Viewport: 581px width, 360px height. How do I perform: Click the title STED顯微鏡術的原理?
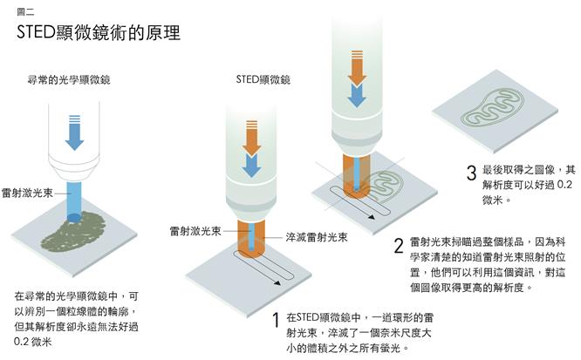coord(99,32)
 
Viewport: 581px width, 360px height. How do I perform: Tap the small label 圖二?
coord(25,12)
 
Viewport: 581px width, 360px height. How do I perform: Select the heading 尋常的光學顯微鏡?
coord(69,79)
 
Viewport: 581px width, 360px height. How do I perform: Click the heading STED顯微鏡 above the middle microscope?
coord(263,79)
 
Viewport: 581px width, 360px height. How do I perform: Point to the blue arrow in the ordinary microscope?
coord(74,132)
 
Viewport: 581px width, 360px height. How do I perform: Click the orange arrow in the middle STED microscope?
coord(251,138)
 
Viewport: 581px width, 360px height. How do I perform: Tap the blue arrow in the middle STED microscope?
coord(251,166)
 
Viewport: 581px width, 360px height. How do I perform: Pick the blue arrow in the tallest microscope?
coord(357,96)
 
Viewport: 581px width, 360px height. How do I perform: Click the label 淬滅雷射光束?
coord(317,237)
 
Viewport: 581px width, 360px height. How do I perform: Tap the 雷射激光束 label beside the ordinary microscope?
coord(27,193)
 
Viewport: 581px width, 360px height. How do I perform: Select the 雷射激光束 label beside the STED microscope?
coord(195,231)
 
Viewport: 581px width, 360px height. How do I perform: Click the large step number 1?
coord(276,320)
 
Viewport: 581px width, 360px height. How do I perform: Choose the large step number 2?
coord(399,246)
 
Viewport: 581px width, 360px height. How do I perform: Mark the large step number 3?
coord(471,173)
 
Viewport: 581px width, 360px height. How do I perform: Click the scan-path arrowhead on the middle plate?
coord(277,283)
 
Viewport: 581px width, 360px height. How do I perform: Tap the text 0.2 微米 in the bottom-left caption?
coord(32,342)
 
